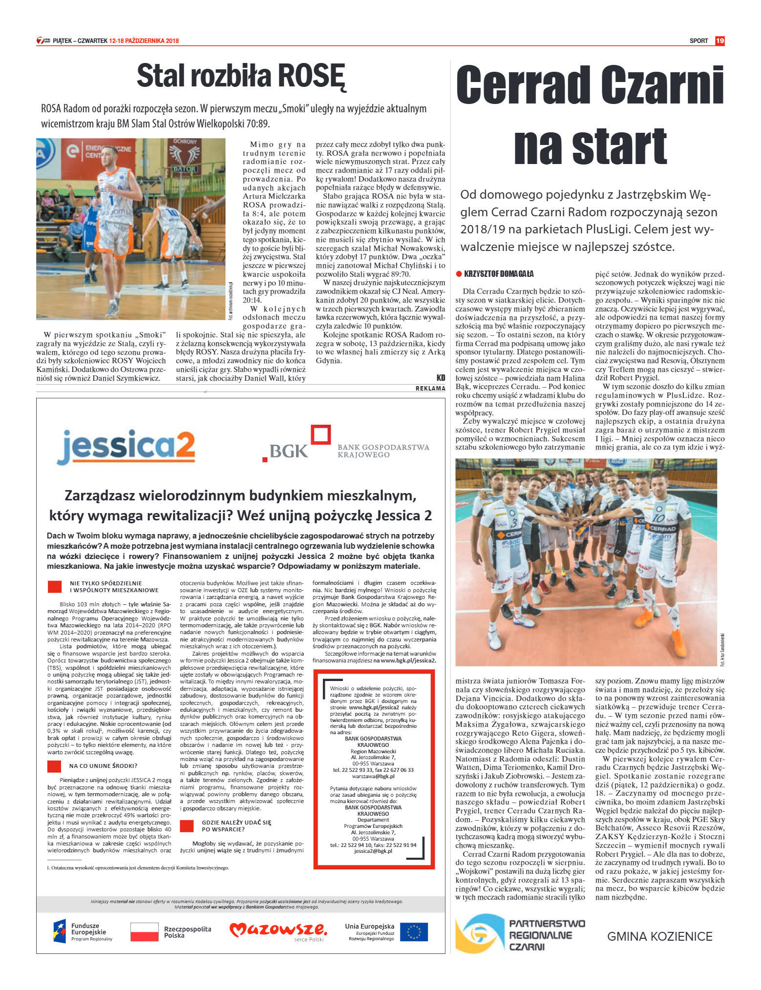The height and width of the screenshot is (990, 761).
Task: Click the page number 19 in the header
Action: (x=719, y=41)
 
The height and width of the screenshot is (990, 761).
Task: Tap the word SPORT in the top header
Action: (x=698, y=41)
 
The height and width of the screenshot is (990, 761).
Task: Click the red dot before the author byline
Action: (x=459, y=274)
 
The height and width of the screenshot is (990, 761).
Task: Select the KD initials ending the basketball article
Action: (x=441, y=377)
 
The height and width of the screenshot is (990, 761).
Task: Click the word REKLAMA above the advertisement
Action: (x=430, y=389)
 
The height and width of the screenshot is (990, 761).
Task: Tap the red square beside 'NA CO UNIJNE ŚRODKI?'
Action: (x=54, y=766)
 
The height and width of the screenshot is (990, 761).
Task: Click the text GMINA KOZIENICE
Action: (x=659, y=936)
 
